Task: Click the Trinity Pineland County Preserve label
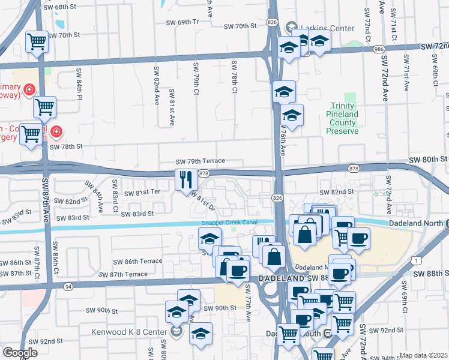pyautogui.click(x=343, y=118)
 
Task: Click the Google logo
pyautogui.click(x=20, y=353)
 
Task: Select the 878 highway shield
pyautogui.click(x=203, y=173)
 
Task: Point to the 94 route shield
pyautogui.click(x=69, y=287)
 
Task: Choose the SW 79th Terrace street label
pyautogui.click(x=200, y=161)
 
